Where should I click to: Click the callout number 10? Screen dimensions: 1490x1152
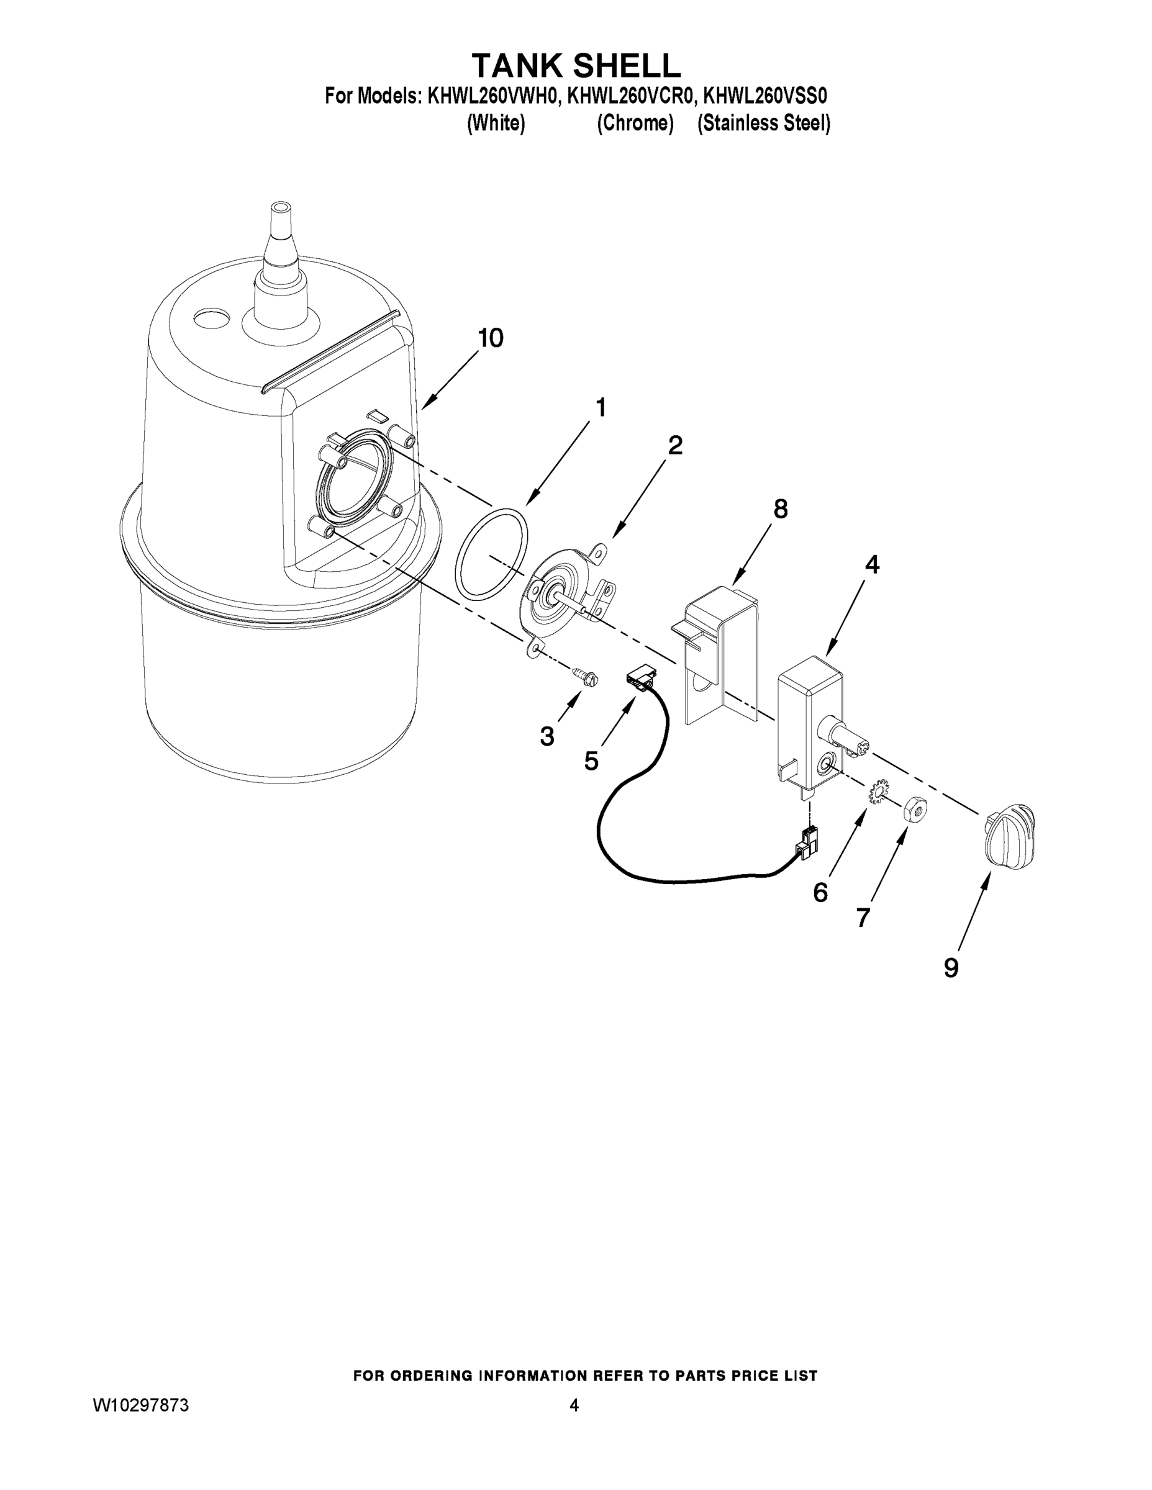(490, 338)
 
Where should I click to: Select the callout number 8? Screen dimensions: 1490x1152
(780, 509)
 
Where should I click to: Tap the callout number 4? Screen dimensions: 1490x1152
(871, 565)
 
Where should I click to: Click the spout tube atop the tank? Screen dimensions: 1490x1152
(281, 249)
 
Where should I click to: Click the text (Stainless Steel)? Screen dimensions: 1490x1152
(763, 124)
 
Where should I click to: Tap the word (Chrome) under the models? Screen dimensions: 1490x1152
(635, 124)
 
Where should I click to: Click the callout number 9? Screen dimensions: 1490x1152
(951, 968)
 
